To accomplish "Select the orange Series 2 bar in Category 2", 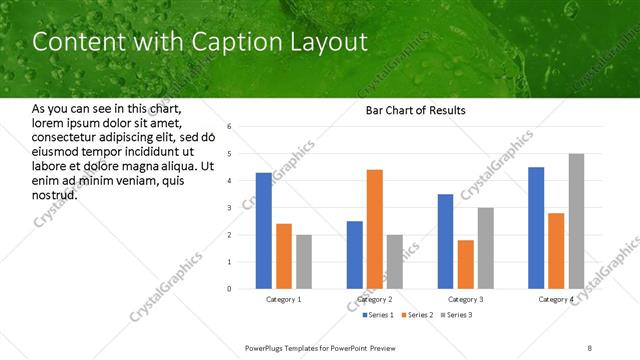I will [x=374, y=229].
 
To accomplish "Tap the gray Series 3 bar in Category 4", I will [x=576, y=221].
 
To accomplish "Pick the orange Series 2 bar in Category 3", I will [x=466, y=264].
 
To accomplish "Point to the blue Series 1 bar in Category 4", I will [x=536, y=228].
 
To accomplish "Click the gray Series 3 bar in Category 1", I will [x=303, y=262].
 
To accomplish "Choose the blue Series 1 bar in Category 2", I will [x=354, y=255].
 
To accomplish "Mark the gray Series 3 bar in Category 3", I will [x=486, y=248].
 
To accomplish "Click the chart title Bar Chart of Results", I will [x=410, y=110].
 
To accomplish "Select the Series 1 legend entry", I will [x=375, y=315].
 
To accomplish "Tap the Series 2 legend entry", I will [x=415, y=315].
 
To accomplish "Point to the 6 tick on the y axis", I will [x=229, y=127].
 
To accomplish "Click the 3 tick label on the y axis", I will [x=229, y=208].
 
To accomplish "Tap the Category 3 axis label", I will [x=466, y=299].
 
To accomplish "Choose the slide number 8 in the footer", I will [x=590, y=348].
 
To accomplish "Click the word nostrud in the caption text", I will [x=54, y=194].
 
